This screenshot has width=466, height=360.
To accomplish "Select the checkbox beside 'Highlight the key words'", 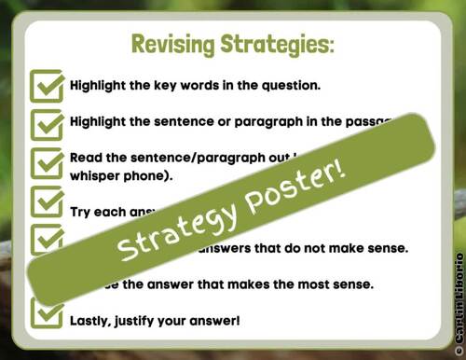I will [x=46, y=86].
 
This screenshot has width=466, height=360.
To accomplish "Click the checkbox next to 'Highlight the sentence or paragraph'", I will [x=46, y=122].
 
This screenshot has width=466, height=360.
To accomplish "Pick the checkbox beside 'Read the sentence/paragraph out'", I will [x=46, y=164].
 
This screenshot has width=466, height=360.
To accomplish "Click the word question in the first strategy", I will [x=291, y=85].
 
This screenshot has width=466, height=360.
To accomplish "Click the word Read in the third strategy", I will [x=87, y=158].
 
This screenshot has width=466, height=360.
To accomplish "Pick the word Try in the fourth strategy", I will [x=81, y=212].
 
